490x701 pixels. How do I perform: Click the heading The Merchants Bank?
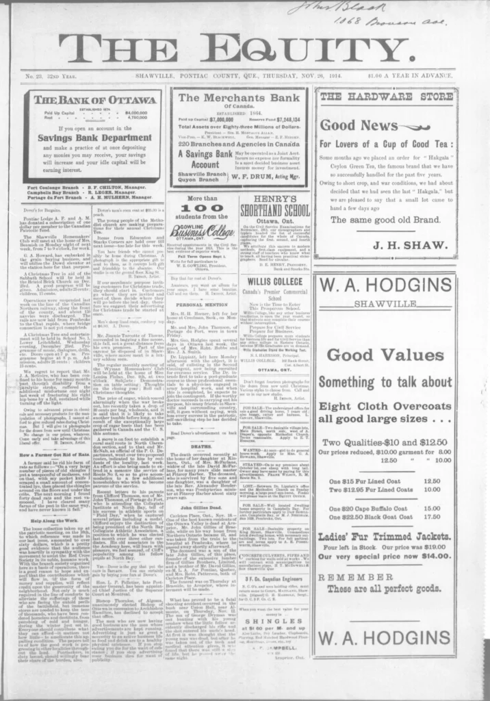240,97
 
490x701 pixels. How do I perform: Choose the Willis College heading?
274,281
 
